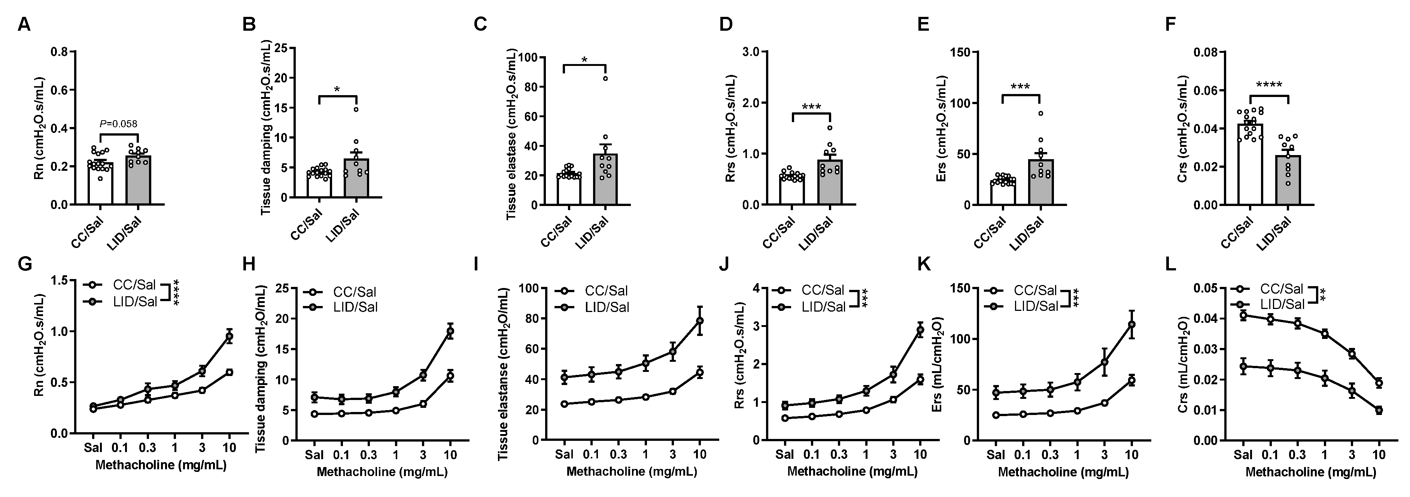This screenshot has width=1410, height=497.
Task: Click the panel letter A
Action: [x=24, y=25]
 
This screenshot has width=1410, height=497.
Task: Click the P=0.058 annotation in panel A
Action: [x=119, y=124]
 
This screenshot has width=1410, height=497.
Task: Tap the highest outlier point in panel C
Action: [x=606, y=79]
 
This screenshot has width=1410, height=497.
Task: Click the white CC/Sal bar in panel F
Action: [x=1250, y=164]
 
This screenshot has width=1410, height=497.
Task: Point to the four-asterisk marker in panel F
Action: [x=1269, y=85]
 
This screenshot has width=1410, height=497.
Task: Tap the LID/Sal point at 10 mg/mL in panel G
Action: [x=230, y=336]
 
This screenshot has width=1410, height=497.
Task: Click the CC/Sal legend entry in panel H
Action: [x=353, y=292]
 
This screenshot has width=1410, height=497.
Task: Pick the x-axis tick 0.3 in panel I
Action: [x=618, y=454]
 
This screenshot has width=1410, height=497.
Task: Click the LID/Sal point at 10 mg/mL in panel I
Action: [x=699, y=321]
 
